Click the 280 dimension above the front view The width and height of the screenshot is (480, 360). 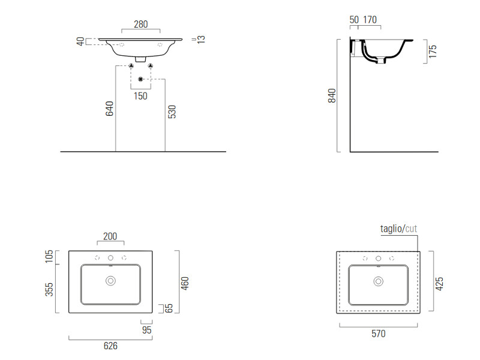(141, 24)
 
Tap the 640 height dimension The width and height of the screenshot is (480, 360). (110, 109)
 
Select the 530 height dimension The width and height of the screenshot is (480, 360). (172, 112)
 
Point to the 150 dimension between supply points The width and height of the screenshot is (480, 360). (140, 96)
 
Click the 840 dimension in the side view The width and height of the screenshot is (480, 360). (332, 95)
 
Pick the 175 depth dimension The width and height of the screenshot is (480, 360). (432, 52)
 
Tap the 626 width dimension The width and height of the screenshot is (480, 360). (110, 346)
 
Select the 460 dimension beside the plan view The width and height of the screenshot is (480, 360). (185, 283)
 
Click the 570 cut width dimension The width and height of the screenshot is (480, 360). (379, 334)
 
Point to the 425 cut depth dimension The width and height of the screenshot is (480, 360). (439, 284)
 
